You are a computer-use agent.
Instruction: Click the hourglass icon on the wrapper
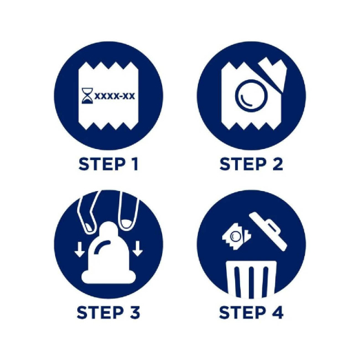pos(88,96)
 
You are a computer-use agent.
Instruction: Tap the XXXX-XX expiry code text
pos(114,96)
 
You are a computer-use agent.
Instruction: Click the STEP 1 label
pos(108,164)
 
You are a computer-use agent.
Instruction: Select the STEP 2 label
pos(251,164)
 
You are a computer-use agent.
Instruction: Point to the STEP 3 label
pos(108,312)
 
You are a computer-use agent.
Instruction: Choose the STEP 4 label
pos(251,312)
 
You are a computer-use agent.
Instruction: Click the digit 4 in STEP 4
pos(277,312)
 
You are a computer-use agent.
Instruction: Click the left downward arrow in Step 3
pos(79,249)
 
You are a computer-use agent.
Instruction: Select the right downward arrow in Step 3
pos(137,248)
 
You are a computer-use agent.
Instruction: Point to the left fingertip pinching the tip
pos(89,226)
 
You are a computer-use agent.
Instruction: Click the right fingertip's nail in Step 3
pos(126,223)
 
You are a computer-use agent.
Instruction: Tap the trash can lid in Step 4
pos(268,231)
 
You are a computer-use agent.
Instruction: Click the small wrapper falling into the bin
pos(236,237)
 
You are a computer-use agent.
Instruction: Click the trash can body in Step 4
pos(251,279)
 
